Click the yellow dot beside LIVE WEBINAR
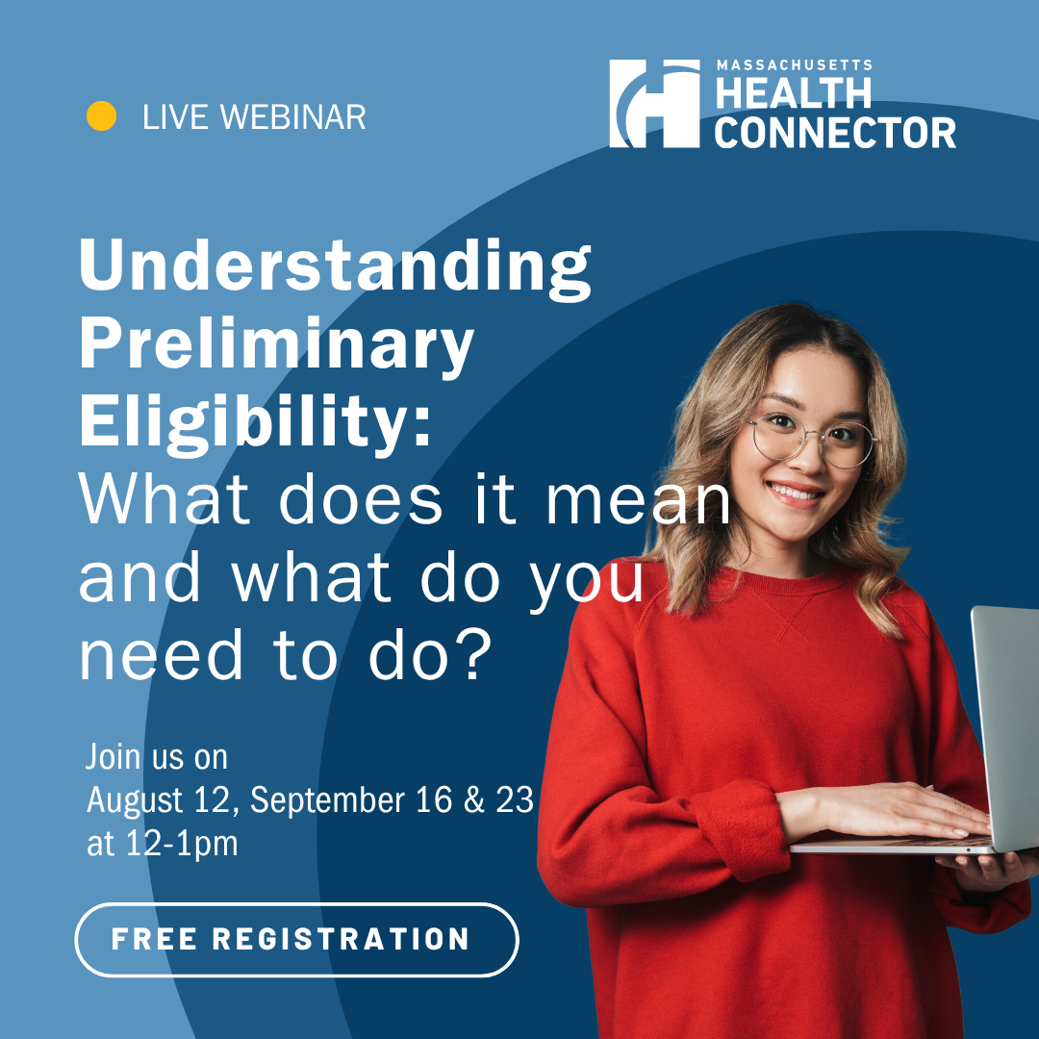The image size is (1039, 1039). coord(101,116)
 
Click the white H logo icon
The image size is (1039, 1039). coord(654,103)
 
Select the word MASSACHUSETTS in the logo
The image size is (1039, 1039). coord(794,65)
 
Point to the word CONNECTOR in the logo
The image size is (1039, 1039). coord(835,133)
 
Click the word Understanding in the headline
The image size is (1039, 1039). coord(335,266)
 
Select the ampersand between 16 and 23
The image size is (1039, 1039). coord(473,799)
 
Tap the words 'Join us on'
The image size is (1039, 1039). coord(157,757)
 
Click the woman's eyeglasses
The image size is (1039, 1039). coord(812,440)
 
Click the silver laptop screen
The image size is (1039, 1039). coord(1006,725)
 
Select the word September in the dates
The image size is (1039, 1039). coord(327,801)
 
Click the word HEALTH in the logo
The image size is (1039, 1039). coord(793,92)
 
